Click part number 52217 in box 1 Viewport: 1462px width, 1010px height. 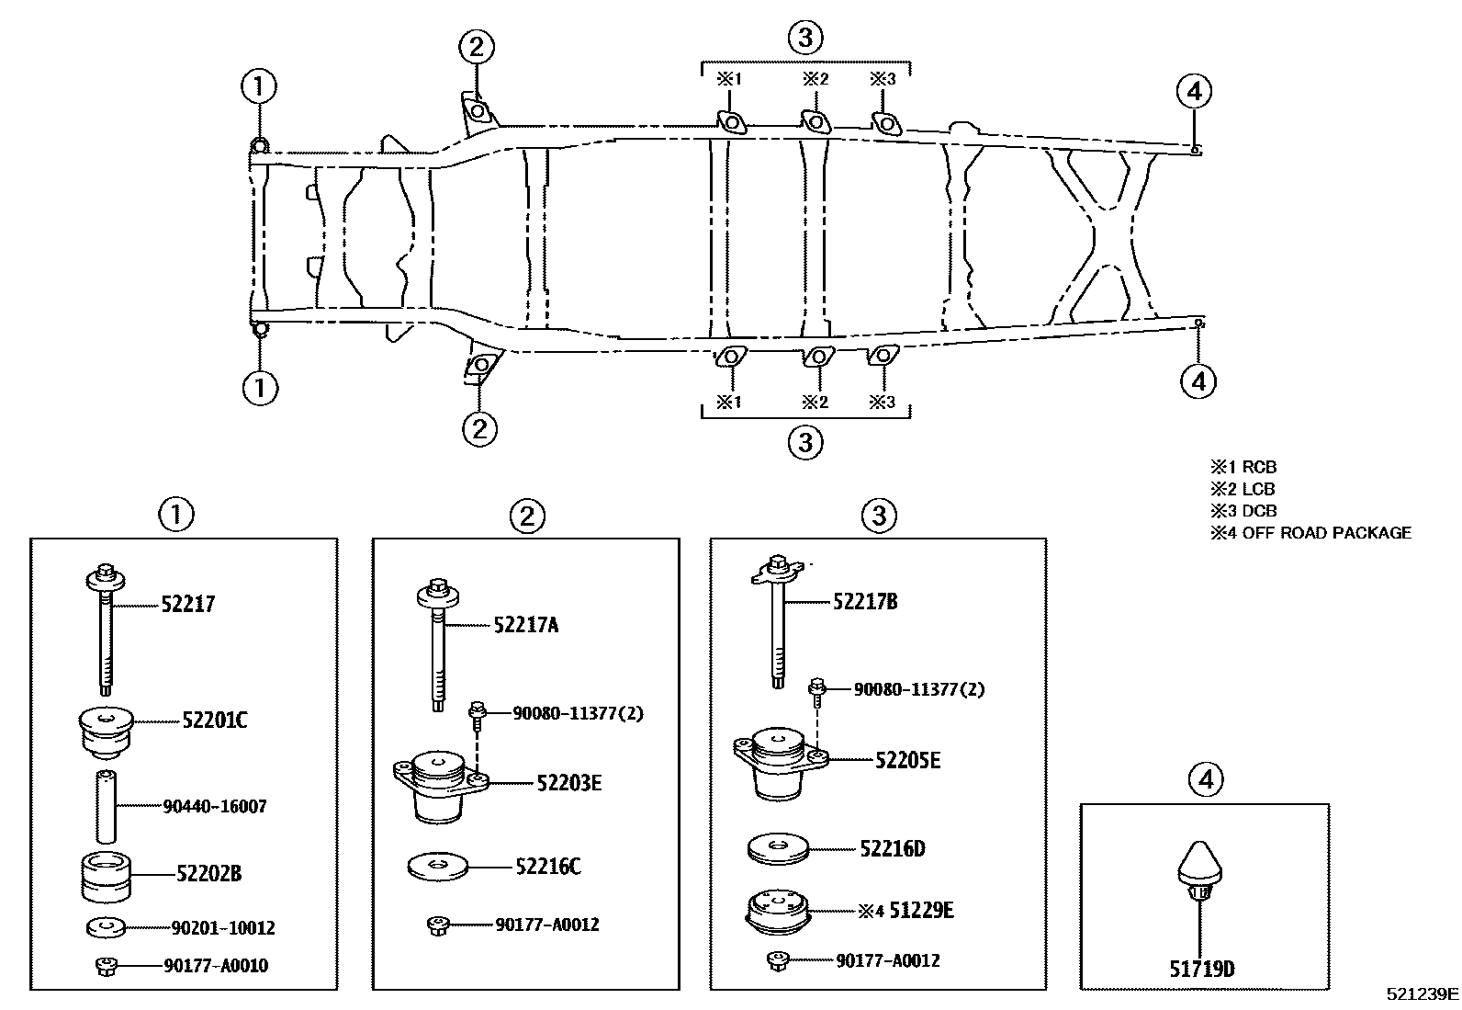tap(188, 604)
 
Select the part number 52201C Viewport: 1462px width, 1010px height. tap(215, 721)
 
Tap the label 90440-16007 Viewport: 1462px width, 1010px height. tap(215, 807)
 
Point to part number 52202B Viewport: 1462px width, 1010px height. tap(209, 873)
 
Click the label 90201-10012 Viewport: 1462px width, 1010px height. tap(223, 928)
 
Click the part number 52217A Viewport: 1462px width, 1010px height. tap(526, 625)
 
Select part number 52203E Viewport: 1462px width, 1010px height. tap(569, 783)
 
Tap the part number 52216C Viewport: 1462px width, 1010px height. tap(548, 867)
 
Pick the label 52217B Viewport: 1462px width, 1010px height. tap(865, 602)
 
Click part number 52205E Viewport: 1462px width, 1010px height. tap(907, 760)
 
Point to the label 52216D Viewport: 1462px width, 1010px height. tap(893, 848)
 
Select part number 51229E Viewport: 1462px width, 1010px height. tap(922, 910)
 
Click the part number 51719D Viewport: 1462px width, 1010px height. tap(1202, 969)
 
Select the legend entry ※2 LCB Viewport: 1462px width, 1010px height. tap(1243, 489)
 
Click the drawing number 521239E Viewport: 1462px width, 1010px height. tap(1423, 993)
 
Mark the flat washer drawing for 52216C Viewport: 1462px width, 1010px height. tap(437, 865)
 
